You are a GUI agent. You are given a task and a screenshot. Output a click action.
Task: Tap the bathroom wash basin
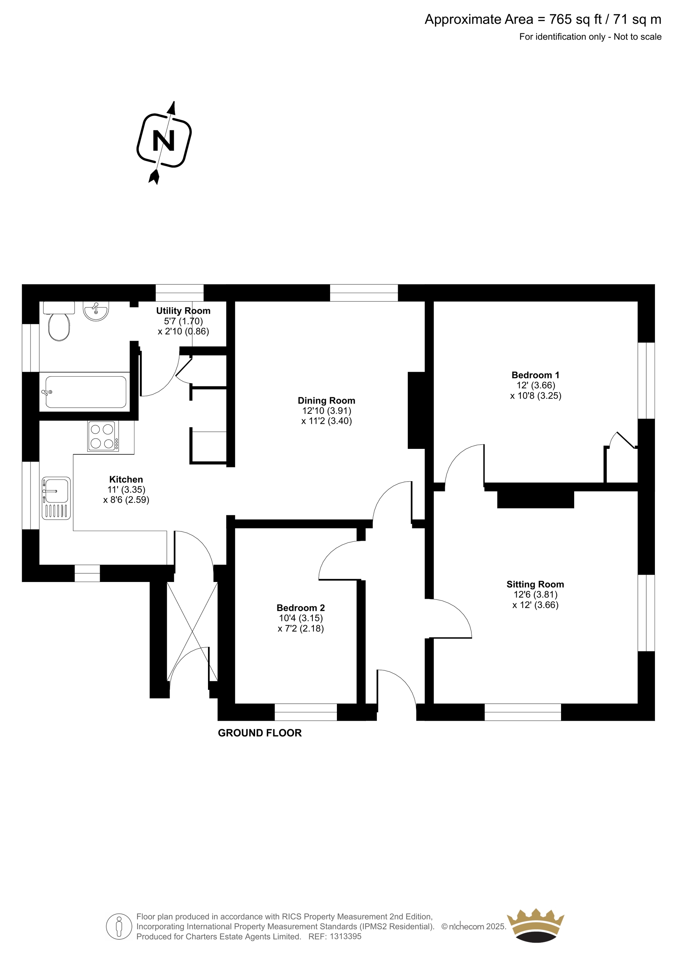coord(96,311)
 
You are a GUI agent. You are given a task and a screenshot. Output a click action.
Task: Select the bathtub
coord(86,392)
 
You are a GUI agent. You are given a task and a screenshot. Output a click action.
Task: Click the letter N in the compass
coord(164,141)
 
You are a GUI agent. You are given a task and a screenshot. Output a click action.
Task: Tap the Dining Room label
coord(326,401)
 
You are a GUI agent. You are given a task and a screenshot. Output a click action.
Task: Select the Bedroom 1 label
coord(536,375)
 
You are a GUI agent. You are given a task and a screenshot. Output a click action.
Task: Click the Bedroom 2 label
coord(301,608)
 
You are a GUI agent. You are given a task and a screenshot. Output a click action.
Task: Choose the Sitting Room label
coord(535,584)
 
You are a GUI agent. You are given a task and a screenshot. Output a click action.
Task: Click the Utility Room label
coord(183,311)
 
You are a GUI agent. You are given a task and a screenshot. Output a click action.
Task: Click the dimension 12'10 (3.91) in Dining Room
coord(327,411)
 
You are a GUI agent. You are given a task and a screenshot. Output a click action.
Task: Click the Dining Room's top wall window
coord(364,293)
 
